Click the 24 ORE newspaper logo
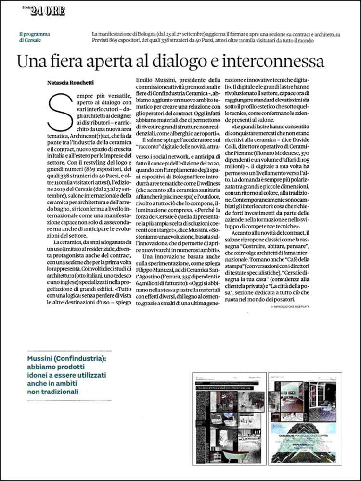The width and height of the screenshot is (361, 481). click(x=47, y=12)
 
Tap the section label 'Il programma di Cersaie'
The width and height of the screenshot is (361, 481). click(x=35, y=38)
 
